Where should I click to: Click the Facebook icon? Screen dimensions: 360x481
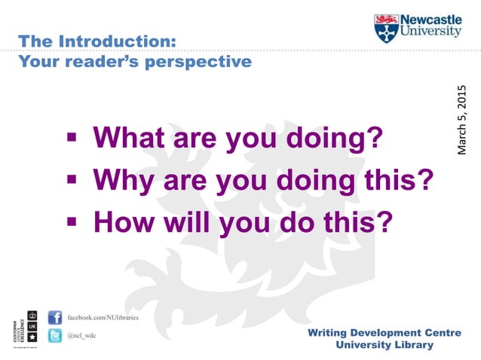pyautogui.click(x=54, y=317)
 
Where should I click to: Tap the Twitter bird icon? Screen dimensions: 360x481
pyautogui.click(x=54, y=337)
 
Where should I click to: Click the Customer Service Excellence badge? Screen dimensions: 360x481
pyautogui.click(x=23, y=328)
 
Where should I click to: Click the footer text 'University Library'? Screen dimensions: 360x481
pyautogui.click(x=384, y=345)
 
